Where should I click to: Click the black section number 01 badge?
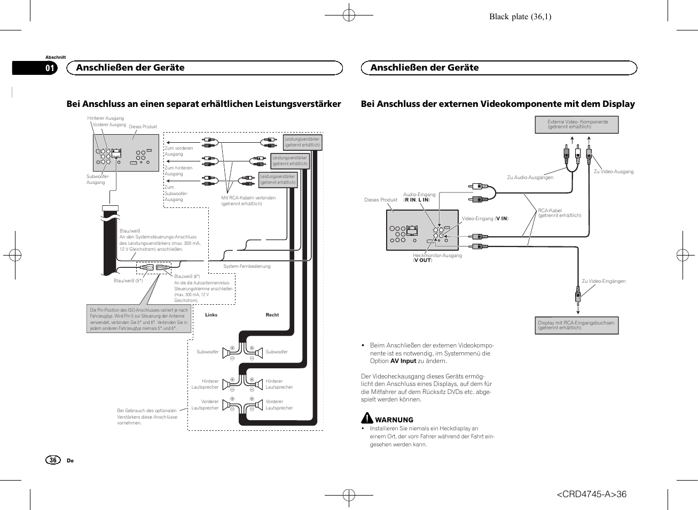(49, 68)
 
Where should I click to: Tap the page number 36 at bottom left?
(53, 460)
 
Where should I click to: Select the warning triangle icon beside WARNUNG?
(367, 418)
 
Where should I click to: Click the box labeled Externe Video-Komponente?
(577, 125)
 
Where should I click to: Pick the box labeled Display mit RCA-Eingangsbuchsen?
(576, 325)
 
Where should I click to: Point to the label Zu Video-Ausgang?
(614, 172)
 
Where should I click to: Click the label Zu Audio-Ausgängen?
(530, 177)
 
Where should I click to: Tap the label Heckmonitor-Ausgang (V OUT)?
(437, 258)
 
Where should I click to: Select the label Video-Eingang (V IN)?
(485, 219)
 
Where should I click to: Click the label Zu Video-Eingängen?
(603, 281)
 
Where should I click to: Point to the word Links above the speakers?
(211, 315)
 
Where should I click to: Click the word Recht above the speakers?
(272, 315)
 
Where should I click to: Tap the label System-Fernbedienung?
(247, 266)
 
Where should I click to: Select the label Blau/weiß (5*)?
(128, 281)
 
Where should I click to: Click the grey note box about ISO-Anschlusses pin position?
(139, 319)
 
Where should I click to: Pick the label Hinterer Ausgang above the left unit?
(105, 118)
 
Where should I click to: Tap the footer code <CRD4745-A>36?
(591, 494)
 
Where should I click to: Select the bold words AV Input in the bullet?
(403, 361)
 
